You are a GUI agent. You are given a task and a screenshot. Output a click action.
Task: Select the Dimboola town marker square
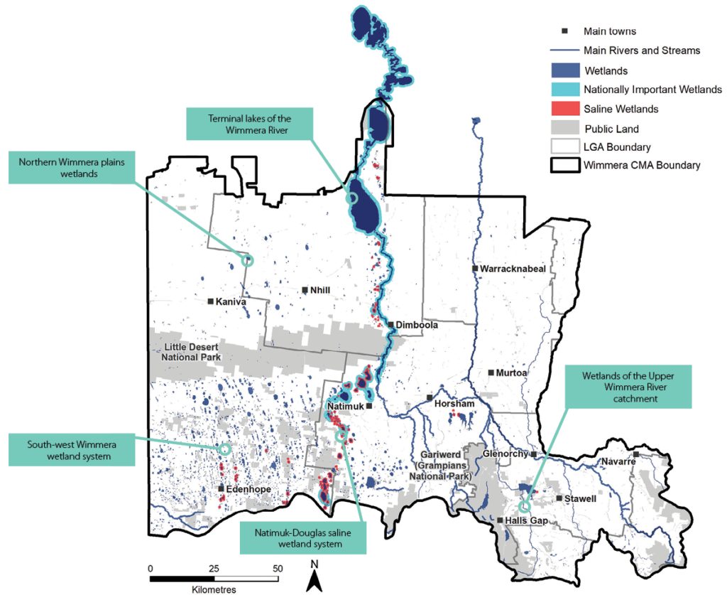click(391, 325)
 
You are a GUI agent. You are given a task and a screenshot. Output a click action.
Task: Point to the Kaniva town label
click(231, 301)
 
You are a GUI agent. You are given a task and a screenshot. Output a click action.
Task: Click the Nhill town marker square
click(305, 290)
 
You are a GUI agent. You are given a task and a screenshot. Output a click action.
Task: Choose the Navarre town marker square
click(636, 454)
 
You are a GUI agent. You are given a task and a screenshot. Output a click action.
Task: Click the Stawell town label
click(580, 499)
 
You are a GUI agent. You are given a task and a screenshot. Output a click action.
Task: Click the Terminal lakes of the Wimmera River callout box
click(250, 123)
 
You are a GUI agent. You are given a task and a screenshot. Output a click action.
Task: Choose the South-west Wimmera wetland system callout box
click(72, 451)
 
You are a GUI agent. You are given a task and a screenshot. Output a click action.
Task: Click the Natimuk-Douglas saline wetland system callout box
click(303, 538)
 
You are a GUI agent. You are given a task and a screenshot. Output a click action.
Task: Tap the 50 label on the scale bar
click(278, 568)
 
